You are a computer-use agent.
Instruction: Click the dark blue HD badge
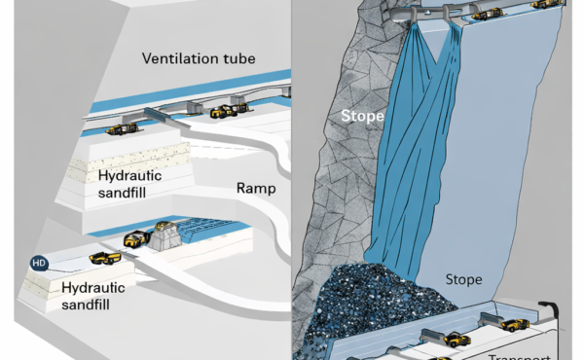pos(39,262)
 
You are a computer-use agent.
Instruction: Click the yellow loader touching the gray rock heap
pos(136,238)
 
